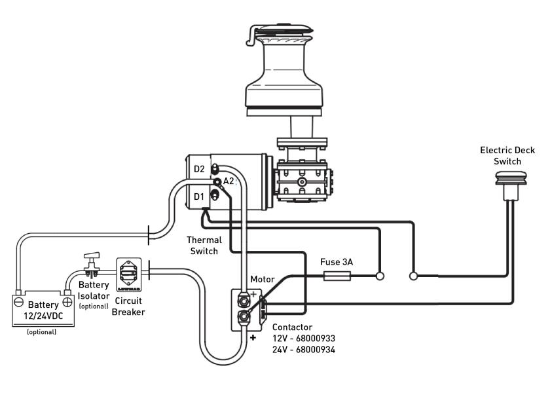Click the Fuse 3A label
[x=337, y=262]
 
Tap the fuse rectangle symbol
[x=337, y=276]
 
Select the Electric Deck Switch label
[x=507, y=156]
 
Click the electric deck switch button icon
[x=507, y=177]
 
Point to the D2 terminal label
[x=200, y=169]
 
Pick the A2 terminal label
[x=229, y=181]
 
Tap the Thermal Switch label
[x=204, y=246]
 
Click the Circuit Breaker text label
[x=128, y=307]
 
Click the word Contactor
[x=292, y=327]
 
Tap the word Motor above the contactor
[x=263, y=280]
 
